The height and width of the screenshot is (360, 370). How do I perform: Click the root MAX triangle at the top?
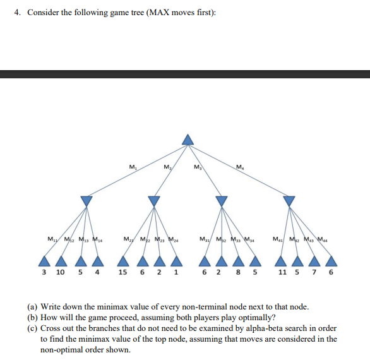click(x=187, y=140)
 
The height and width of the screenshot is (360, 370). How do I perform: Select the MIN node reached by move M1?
click(x=86, y=200)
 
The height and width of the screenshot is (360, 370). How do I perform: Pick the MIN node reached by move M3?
click(x=221, y=200)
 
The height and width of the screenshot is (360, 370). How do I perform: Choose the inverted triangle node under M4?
click(x=289, y=200)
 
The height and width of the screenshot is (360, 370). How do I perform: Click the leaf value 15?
click(x=122, y=273)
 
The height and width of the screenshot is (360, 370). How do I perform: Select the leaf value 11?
click(x=282, y=273)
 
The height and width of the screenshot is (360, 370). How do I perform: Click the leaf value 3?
click(x=44, y=273)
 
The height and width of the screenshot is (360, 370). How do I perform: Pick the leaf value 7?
click(x=318, y=273)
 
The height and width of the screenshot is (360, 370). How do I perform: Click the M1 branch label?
click(x=131, y=167)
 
